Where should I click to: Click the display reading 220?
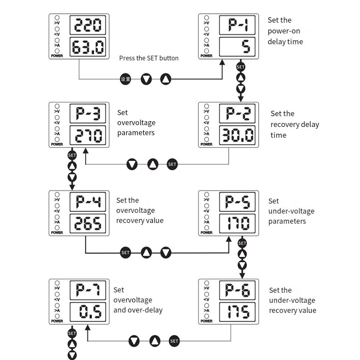pos(88,25)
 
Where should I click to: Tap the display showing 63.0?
pos(88,47)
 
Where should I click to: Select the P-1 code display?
pos(237,25)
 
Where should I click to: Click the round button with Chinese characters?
pos(126,79)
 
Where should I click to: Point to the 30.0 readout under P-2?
pos(237,135)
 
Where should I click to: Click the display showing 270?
pos(88,135)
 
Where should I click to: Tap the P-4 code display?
pos(88,202)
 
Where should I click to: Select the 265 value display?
pos(88,224)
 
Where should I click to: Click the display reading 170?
pos(237,224)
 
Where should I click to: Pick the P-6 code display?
pos(237,290)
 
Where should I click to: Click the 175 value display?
pos(237,312)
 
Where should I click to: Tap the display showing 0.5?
pos(88,312)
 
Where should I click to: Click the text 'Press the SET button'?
pos(149,58)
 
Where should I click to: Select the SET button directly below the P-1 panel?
pos(241,67)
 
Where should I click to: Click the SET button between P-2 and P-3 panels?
pos(172,164)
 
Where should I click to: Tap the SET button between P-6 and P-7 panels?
pos(174,341)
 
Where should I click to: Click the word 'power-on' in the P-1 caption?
pos(284,31)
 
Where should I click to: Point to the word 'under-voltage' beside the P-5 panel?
pos(291,211)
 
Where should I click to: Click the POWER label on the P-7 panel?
pos(57,321)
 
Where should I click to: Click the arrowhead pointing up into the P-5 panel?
pos(229,239)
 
